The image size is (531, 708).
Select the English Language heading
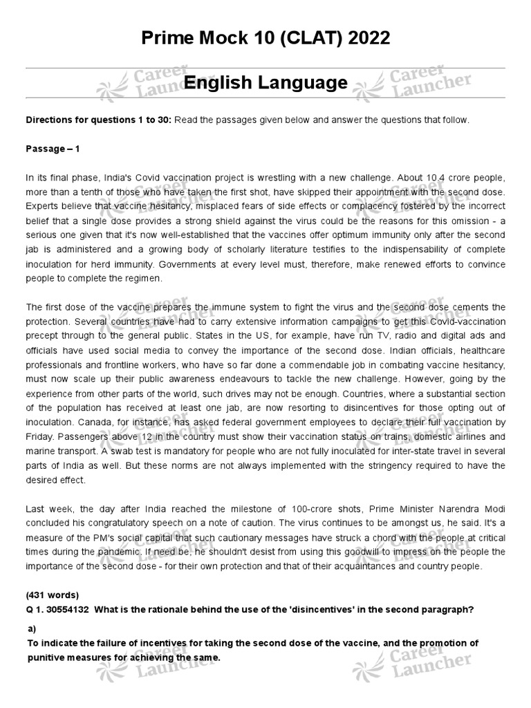[265, 84]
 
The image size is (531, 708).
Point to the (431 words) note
[52, 595]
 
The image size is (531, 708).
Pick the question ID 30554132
[67, 608]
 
